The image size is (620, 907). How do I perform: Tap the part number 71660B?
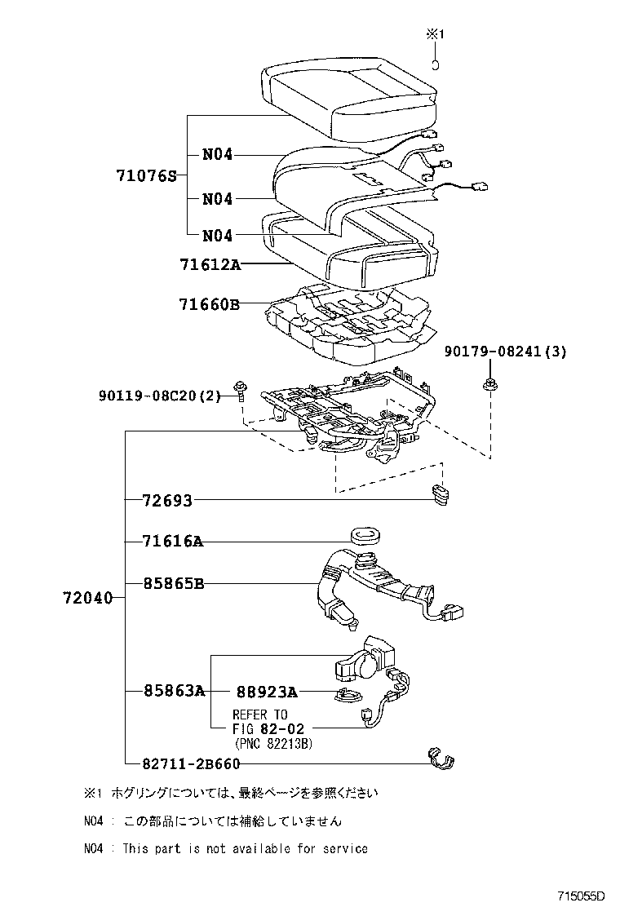coord(209,304)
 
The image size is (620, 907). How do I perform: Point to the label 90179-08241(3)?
coord(506,352)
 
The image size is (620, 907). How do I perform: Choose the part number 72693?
coord(166,501)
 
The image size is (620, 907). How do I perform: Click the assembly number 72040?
coord(86,599)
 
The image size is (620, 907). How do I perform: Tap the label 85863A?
coord(174,691)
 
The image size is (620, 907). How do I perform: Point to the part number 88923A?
coord(266,692)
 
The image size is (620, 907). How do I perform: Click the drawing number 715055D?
coord(581,896)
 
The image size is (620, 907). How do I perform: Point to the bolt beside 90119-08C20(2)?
coord(241,389)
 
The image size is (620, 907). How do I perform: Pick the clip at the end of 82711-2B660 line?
coord(441,759)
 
